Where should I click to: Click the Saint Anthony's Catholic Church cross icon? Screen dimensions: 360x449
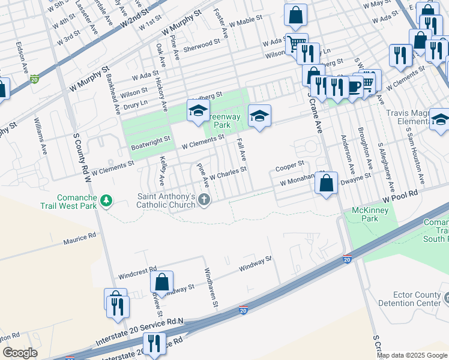204,200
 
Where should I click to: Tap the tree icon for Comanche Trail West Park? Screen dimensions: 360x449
106,200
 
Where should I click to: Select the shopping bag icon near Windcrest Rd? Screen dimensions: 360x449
161,281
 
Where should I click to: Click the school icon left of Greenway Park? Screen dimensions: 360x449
197,110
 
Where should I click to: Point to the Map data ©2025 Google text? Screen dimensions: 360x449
411,355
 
